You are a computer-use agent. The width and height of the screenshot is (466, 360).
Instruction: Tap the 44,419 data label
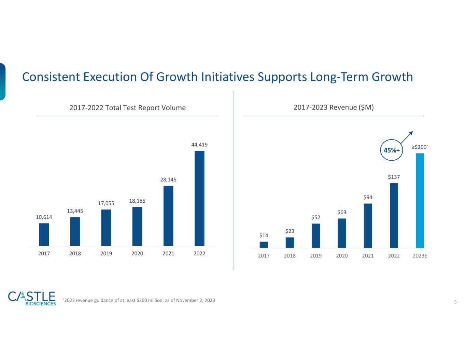click(199, 145)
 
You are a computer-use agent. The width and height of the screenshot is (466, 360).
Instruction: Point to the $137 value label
click(394, 177)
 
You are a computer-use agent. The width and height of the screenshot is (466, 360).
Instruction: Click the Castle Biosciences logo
click(32, 298)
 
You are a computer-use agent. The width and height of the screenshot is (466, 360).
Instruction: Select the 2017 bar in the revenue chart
click(264, 244)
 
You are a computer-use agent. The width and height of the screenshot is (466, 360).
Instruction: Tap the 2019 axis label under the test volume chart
click(106, 254)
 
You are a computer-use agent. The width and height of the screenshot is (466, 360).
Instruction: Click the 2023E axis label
click(420, 256)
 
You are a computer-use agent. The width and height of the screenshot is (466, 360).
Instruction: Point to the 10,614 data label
click(44, 217)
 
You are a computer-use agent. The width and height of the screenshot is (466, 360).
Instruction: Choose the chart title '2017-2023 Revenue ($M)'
click(334, 107)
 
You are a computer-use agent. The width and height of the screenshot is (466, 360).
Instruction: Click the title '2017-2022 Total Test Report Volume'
click(127, 108)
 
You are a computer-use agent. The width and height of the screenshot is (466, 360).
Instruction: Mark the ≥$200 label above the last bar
click(419, 147)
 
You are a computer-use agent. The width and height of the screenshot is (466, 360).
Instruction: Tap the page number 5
click(455, 302)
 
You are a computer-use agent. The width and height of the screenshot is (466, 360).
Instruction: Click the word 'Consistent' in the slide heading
click(51, 77)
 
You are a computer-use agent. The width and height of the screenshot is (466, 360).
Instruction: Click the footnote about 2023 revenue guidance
click(139, 300)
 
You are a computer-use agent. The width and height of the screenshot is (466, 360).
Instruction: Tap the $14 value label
click(264, 235)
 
